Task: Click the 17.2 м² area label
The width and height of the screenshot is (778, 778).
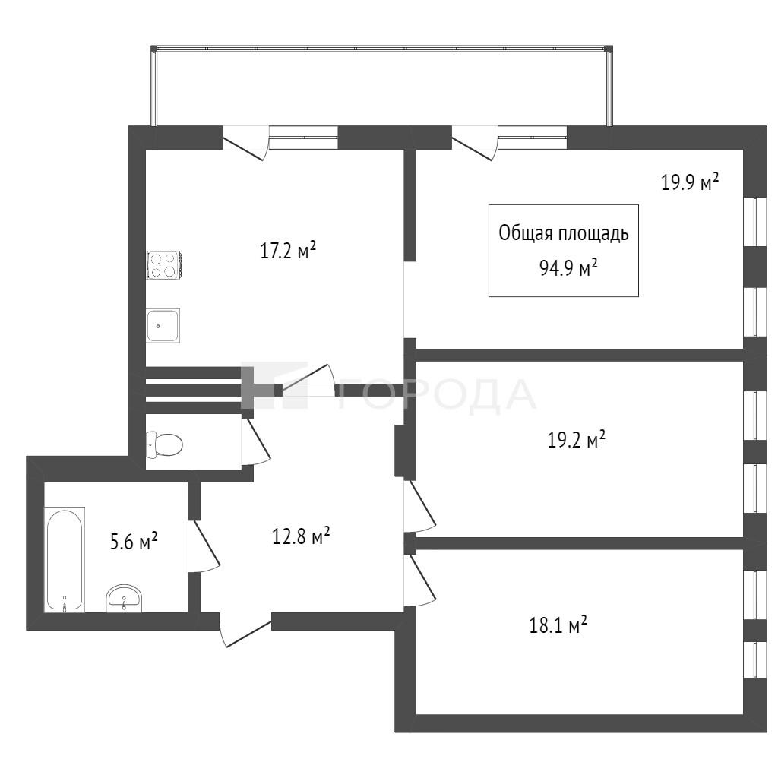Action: [x=288, y=251]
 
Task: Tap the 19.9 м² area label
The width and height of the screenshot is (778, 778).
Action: [x=690, y=182]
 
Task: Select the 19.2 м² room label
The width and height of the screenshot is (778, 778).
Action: [x=576, y=440]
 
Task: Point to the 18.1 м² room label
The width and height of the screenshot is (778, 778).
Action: [x=558, y=625]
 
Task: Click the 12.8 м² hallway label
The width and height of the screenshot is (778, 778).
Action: [x=301, y=536]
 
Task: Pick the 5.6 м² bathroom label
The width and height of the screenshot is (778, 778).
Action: [x=134, y=541]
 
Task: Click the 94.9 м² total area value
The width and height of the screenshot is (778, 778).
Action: [x=568, y=268]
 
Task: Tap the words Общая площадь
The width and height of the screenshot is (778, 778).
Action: [x=564, y=233]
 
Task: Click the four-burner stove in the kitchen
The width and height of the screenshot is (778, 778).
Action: [x=164, y=265]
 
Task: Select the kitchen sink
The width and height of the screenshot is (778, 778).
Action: [x=163, y=325]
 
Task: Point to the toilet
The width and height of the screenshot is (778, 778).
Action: [x=164, y=444]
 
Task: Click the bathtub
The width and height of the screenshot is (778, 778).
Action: [x=65, y=559]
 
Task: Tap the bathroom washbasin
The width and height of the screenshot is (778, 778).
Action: [x=124, y=599]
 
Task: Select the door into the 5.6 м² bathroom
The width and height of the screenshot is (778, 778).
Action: [x=204, y=546]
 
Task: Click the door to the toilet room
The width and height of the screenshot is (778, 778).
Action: [x=256, y=441]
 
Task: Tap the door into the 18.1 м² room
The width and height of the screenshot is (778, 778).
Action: [x=419, y=580]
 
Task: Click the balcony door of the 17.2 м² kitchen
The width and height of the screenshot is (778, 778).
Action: [x=245, y=143]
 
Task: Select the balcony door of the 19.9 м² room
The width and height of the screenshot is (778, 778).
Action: [x=475, y=143]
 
